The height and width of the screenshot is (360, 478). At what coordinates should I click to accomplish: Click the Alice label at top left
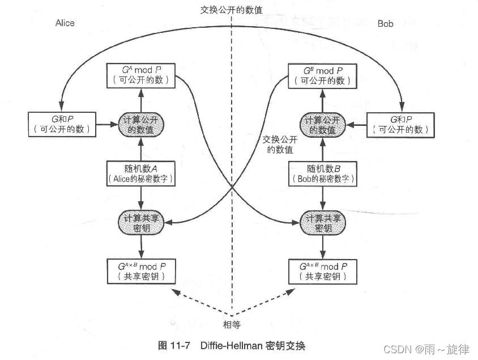(65, 23)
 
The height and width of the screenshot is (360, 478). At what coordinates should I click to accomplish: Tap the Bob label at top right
(385, 24)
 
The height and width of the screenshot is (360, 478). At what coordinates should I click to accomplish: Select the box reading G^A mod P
(140, 75)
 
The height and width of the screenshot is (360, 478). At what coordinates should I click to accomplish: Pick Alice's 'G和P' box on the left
(61, 124)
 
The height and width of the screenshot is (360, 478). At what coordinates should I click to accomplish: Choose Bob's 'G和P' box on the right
(400, 124)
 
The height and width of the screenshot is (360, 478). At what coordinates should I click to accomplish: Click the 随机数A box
(140, 173)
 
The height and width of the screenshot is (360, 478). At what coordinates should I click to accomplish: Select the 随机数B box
(322, 173)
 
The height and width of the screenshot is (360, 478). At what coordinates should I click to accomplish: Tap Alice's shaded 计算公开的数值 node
(140, 124)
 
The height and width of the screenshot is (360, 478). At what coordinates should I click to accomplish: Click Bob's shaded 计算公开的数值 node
(322, 124)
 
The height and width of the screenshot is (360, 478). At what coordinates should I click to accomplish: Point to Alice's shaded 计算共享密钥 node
(140, 222)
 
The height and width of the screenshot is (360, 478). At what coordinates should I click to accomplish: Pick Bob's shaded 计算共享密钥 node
(322, 222)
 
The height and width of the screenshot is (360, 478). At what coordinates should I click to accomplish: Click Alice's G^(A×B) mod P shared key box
(140, 271)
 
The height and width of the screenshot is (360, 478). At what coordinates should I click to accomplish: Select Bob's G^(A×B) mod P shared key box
(322, 271)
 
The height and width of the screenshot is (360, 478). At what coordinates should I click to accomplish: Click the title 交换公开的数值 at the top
(231, 10)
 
